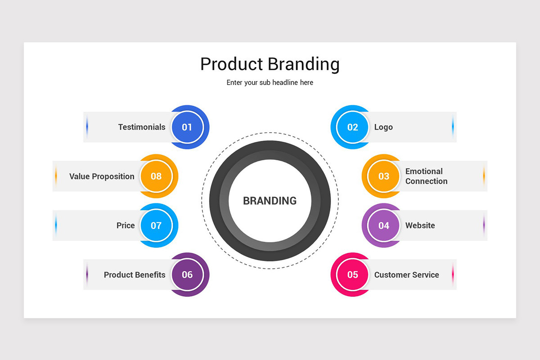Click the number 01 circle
click(187, 127)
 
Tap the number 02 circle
click(352, 127)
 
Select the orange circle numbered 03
click(383, 176)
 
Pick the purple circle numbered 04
click(383, 225)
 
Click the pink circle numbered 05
click(352, 274)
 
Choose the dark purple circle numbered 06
click(187, 274)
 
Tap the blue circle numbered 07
click(156, 225)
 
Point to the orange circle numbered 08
click(156, 176)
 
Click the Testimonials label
click(142, 127)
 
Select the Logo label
click(383, 127)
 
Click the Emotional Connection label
click(426, 176)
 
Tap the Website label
click(420, 225)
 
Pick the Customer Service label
click(406, 274)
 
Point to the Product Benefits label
click(135, 274)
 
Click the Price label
click(126, 225)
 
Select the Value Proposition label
click(102, 176)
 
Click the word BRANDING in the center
click(270, 201)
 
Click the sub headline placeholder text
click(270, 83)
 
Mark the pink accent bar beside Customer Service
click(453, 274)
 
